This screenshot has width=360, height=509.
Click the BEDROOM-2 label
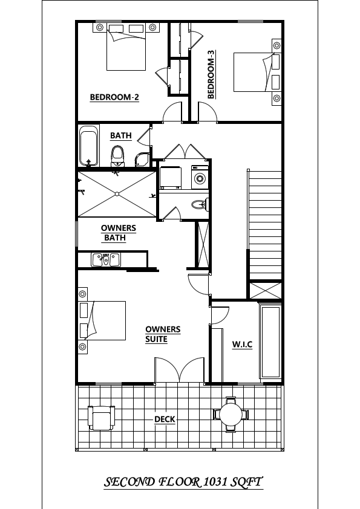pyautogui.click(x=114, y=97)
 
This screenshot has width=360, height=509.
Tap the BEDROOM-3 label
pyautogui.click(x=211, y=79)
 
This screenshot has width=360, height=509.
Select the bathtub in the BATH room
pyautogui.click(x=89, y=145)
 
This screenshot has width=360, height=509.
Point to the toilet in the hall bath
pyautogui.click(x=117, y=156)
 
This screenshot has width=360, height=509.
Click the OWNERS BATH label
pyautogui.click(x=118, y=233)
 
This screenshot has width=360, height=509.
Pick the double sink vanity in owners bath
pyautogui.click(x=106, y=260)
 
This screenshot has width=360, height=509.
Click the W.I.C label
pyautogui.click(x=242, y=344)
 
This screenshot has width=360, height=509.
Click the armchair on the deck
pyautogui.click(x=101, y=417)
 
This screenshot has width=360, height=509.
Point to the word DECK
pyautogui.click(x=165, y=419)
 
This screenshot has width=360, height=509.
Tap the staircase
pyautogui.click(x=265, y=224)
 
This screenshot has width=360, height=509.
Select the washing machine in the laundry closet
pyautogui.click(x=200, y=178)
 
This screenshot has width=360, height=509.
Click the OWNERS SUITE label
pyautogui.click(x=163, y=334)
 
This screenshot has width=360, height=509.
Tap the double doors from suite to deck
pyautogui.click(x=180, y=370)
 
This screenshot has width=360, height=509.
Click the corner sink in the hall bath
pyautogui.click(x=141, y=160)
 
